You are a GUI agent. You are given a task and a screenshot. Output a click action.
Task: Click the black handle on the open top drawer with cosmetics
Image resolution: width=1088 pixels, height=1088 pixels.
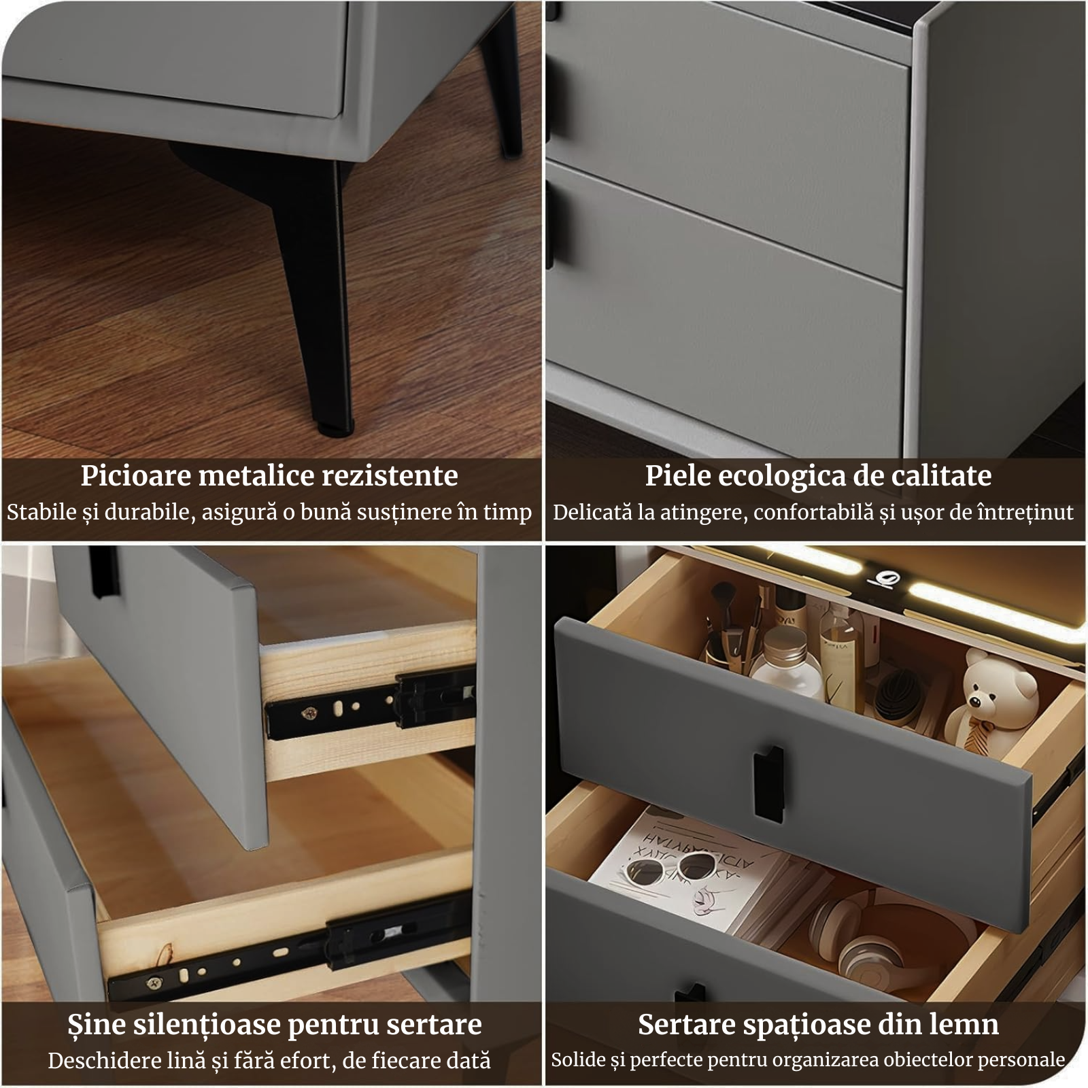768,782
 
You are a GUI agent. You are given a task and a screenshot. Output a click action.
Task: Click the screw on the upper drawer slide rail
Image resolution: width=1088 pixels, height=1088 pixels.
310,713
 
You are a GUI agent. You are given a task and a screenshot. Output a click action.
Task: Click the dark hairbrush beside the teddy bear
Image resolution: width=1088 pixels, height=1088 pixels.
896,694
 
